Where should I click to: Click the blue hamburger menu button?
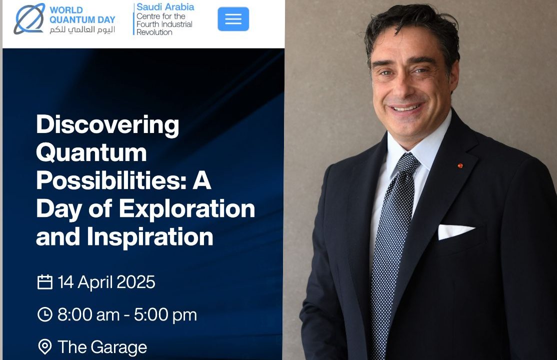233,19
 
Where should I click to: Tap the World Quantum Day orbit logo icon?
29,19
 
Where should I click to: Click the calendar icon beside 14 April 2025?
45,282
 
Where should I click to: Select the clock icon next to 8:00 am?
45,314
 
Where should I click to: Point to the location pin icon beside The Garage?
45,347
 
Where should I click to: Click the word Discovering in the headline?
107,125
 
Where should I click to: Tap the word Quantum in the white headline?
91,153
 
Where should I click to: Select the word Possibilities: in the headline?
111,180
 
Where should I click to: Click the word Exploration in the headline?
187,208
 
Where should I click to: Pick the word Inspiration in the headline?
150,236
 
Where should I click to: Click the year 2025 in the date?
135,282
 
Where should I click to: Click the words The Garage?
102,347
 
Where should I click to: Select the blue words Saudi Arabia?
165,7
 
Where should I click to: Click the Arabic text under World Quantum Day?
82,29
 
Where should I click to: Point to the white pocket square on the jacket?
455,231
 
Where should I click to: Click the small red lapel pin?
460,165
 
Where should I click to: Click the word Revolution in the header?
154,32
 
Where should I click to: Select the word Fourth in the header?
147,24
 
